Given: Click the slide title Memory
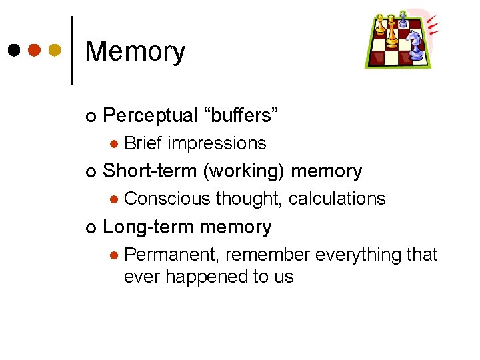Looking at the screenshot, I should [x=135, y=52].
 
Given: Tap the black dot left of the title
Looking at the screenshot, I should [x=13, y=50].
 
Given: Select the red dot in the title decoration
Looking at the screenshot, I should [x=34, y=50].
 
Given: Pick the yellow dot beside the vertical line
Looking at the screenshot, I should [x=55, y=50].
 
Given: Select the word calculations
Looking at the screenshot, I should [x=337, y=199].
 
